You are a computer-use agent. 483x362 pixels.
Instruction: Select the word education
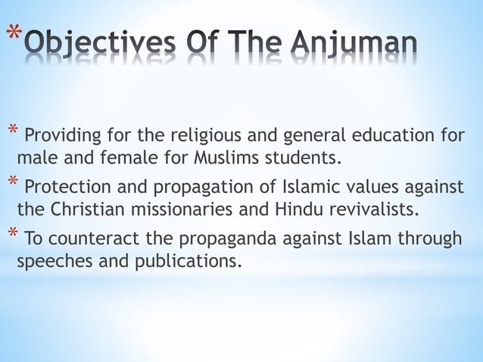tap(388, 136)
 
